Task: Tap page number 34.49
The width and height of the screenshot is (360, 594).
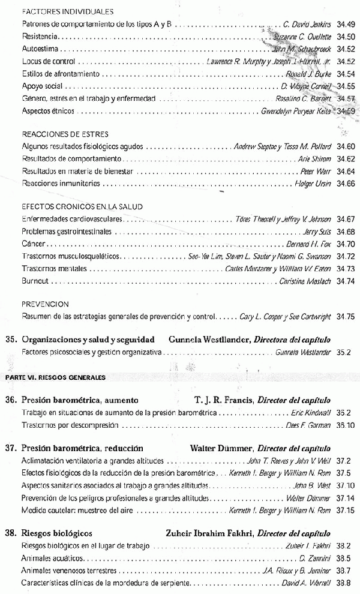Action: tap(346, 24)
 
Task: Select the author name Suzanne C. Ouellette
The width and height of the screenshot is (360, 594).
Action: tap(298, 37)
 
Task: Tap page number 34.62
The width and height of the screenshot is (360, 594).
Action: tap(346, 158)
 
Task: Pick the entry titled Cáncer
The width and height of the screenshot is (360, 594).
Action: tap(32, 244)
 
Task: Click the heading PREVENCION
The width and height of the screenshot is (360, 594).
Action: tap(45, 304)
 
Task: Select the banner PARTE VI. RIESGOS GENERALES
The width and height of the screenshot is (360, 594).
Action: tap(55, 377)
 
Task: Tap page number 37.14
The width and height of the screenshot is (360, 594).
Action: tap(346, 499)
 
